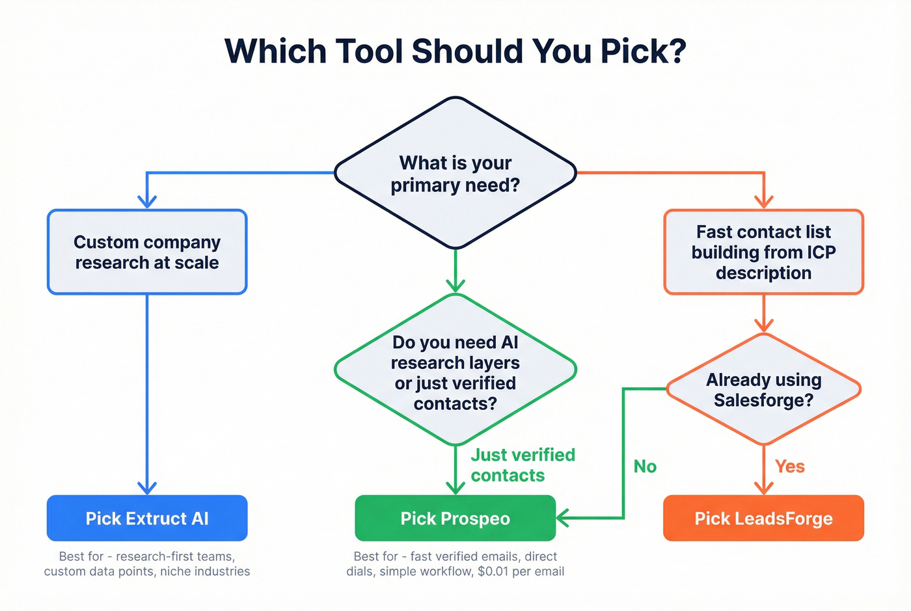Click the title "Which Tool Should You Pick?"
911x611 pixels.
455,51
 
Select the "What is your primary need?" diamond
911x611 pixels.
455,173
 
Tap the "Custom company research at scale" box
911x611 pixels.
147,252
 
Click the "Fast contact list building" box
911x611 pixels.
763,252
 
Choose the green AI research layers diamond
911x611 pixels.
455,371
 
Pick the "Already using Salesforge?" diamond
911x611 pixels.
763,389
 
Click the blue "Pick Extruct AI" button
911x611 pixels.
147,518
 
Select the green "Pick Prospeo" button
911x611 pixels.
455,518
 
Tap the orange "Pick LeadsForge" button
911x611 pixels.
763,518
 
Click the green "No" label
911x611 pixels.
645,467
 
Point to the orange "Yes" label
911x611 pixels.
790,467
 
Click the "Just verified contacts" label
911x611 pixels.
523,465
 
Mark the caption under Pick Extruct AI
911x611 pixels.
147,563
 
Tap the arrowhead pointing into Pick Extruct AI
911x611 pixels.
147,487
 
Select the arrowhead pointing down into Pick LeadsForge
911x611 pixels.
763,487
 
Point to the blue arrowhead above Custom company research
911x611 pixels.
147,201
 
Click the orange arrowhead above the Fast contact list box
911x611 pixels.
763,201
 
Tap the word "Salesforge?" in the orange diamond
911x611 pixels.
763,400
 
